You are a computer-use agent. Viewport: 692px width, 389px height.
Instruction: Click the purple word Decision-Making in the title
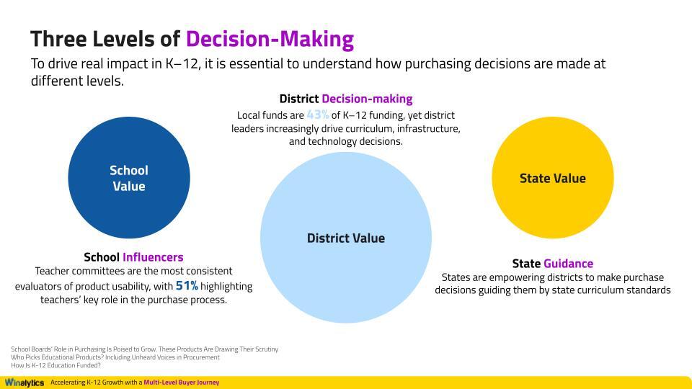click(270, 38)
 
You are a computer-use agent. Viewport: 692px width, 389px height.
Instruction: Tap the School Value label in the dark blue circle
click(129, 178)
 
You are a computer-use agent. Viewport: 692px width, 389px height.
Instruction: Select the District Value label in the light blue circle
click(346, 238)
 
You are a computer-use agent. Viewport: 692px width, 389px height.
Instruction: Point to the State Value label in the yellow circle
click(553, 178)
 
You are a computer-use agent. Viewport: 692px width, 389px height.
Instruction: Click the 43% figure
click(318, 115)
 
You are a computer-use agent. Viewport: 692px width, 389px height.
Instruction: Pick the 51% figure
click(187, 286)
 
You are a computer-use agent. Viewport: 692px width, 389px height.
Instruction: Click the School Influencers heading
click(133, 257)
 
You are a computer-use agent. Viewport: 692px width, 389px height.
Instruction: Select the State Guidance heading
click(552, 264)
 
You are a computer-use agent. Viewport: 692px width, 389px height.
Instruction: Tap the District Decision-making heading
click(346, 99)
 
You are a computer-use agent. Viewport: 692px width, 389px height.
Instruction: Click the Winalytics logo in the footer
click(24, 383)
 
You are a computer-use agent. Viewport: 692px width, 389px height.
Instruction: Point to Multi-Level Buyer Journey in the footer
click(181, 383)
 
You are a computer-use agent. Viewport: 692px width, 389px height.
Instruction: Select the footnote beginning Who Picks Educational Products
click(115, 357)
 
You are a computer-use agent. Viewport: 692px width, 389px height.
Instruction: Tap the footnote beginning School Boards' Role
click(144, 349)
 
